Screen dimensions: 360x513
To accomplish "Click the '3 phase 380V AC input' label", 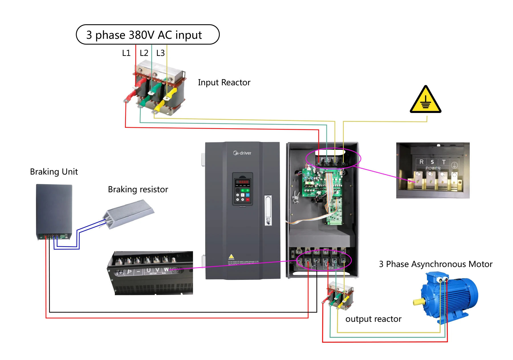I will click(144, 35).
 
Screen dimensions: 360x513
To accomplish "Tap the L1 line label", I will click(126, 53).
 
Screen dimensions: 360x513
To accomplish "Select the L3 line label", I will click(160, 53).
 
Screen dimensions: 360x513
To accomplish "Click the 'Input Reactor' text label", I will click(224, 82).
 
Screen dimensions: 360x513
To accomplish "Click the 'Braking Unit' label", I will click(54, 172).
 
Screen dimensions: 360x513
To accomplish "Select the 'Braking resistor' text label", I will click(138, 189).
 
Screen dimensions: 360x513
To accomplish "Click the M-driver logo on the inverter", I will click(242, 153).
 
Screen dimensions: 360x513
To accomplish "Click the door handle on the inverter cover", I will click(268, 210).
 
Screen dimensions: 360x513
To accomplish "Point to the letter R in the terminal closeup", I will click(421, 162).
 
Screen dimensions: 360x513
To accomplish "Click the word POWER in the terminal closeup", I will click(433, 168).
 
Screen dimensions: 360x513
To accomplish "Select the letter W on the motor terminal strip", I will click(166, 270).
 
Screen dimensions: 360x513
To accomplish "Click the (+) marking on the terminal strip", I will click(120, 272).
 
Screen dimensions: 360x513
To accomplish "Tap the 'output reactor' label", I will click(373, 319).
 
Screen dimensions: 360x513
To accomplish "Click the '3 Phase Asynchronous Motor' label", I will click(435, 264).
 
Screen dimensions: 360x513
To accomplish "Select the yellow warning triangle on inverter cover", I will click(231, 256).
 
